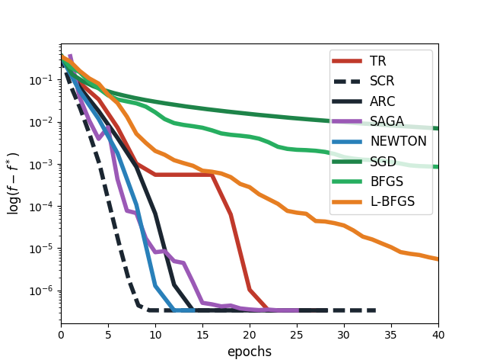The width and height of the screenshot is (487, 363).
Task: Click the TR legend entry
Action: (378, 61)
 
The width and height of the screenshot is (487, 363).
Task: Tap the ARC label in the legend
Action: (382, 101)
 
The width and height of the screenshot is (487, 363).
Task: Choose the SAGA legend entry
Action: (387, 121)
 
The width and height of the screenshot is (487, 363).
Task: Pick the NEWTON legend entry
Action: (398, 141)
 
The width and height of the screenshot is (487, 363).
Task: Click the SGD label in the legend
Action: (382, 161)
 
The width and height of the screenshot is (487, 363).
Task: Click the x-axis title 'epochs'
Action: (250, 352)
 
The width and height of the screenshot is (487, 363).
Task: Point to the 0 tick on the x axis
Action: (61, 334)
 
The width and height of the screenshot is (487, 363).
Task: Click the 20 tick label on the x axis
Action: (250, 334)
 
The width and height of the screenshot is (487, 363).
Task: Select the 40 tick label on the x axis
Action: (438, 334)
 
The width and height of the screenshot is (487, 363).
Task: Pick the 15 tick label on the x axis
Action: (202, 334)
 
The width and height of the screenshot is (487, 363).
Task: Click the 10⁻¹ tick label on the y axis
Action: (44, 80)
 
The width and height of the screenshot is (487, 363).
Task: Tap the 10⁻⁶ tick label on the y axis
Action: (44, 291)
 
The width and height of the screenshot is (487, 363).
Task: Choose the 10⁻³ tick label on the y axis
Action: (44, 165)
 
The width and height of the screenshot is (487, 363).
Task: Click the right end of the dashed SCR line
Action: (374, 310)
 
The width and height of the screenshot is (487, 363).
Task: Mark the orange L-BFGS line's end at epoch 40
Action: (438, 259)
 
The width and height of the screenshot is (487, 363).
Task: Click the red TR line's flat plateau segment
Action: (183, 175)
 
